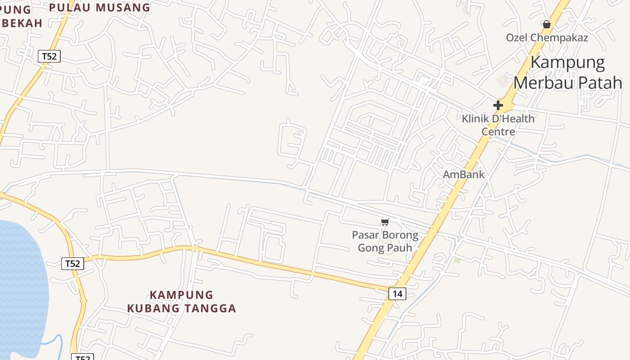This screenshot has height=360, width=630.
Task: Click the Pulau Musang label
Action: [x=99, y=8]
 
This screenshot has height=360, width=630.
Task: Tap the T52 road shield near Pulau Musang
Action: [x=49, y=56]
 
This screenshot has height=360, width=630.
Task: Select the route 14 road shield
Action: [x=397, y=294]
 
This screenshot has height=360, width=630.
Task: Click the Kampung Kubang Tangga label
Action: [x=181, y=301]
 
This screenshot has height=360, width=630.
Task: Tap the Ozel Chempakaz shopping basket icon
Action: [x=546, y=24]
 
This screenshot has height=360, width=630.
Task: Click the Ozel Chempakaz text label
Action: [x=547, y=38]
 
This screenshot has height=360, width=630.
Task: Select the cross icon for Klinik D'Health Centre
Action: [x=498, y=105]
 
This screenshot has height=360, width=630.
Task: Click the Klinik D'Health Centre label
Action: [x=498, y=125]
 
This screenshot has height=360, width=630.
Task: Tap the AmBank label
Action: [x=463, y=175]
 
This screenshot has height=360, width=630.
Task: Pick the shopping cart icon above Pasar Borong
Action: [x=385, y=222]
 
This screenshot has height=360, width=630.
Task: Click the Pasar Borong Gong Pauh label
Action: [x=385, y=241]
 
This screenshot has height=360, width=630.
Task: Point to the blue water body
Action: [x=22, y=279]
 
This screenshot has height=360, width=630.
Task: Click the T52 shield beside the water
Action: [x=72, y=263]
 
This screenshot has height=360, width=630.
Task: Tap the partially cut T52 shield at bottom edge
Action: [x=82, y=357]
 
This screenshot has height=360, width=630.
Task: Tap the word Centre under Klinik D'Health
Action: [x=498, y=131]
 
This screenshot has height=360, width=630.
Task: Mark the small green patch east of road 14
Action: [x=457, y=260]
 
